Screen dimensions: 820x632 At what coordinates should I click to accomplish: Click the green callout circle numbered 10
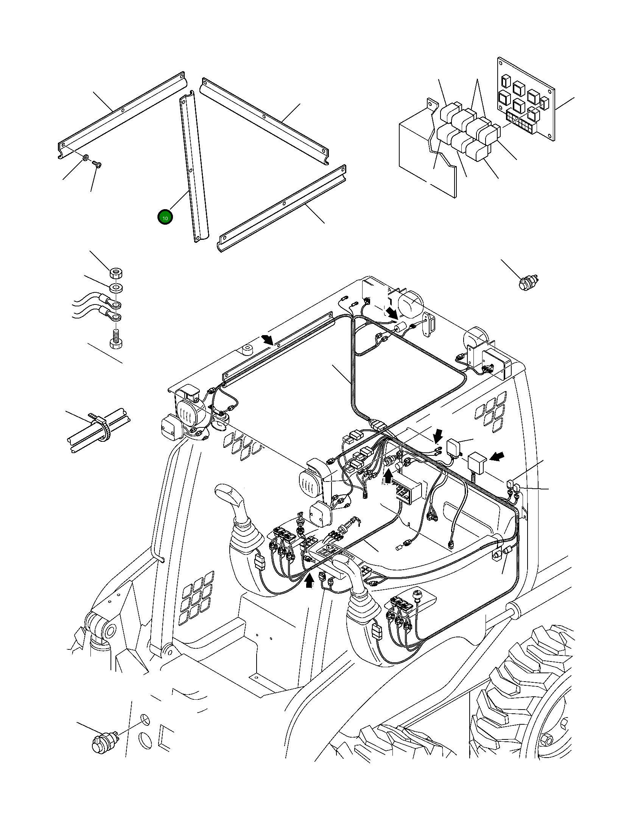click(165, 217)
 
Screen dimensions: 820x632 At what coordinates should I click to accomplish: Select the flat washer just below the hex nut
click(116, 288)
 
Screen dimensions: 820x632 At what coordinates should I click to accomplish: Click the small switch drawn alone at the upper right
click(527, 283)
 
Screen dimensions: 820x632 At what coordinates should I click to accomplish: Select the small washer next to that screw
click(86, 156)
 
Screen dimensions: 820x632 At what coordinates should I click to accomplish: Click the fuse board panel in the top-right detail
click(526, 100)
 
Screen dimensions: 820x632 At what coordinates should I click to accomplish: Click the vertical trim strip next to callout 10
click(194, 166)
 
